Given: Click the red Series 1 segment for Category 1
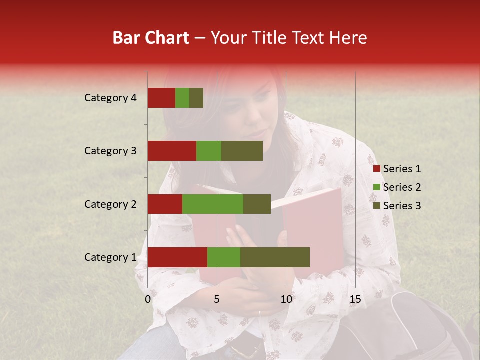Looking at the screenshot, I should coord(177,257).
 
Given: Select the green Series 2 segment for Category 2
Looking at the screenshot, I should coord(213,204).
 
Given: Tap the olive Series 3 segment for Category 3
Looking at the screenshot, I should coord(242,151).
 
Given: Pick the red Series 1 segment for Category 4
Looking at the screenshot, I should coord(161,98).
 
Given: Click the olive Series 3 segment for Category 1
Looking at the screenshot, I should coord(275,257).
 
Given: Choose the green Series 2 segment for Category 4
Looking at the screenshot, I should coord(182,98).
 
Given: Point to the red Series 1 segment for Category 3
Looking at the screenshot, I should coord(172,151).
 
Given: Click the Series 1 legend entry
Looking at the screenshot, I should coord(397,169).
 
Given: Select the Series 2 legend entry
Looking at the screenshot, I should coord(397,187).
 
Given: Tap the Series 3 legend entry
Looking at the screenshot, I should coord(397,206).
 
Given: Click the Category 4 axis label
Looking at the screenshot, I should coord(110,98).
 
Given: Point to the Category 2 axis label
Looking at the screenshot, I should coord(110,204).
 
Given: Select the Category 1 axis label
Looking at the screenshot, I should coord(110,257).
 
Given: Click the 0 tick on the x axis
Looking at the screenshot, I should coord(148,299).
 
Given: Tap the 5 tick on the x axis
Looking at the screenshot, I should coord(217,299).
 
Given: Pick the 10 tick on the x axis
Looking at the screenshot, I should coord(286,299).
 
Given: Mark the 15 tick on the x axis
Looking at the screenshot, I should coord(355,299).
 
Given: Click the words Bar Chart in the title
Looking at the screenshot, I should coord(151,37).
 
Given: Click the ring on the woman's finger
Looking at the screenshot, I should coord(259,313).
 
